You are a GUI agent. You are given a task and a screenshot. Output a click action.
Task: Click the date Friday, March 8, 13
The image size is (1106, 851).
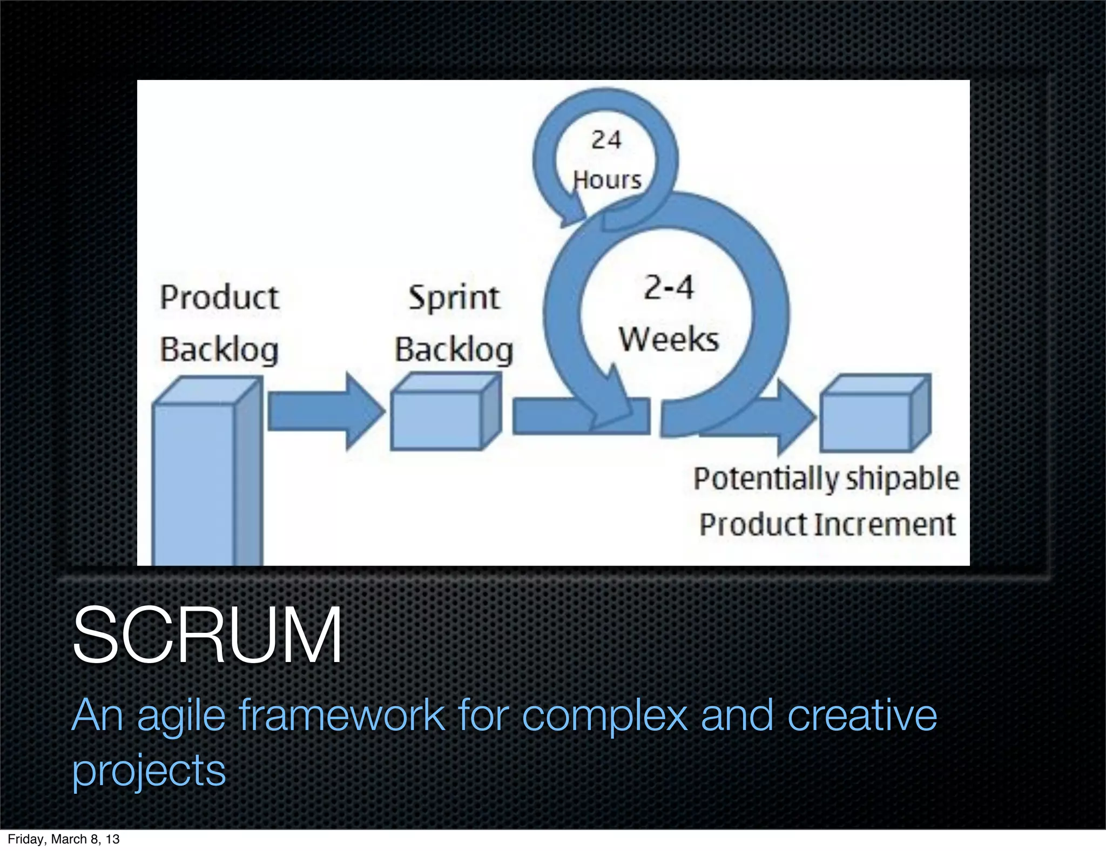[63, 839]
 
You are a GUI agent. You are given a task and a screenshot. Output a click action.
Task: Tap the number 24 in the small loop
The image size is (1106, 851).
[606, 140]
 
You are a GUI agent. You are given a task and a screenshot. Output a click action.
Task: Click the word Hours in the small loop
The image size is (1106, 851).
[607, 180]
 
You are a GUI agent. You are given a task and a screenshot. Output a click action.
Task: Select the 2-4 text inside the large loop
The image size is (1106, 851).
[669, 287]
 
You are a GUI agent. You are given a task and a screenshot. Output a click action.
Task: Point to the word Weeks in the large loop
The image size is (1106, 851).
[669, 339]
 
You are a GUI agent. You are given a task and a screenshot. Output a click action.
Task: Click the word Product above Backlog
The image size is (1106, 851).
[219, 297]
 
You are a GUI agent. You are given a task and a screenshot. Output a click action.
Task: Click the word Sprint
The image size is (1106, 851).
[454, 297]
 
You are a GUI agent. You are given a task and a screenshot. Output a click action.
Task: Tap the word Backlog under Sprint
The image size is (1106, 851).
[454, 350]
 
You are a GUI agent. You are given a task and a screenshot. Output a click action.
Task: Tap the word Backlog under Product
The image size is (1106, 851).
[219, 350]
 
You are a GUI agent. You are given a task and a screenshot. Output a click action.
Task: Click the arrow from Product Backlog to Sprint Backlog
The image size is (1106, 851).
[324, 411]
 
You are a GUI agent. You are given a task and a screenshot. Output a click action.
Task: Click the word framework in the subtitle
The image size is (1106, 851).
[342, 715]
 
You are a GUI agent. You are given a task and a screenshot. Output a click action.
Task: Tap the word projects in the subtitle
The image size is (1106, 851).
[149, 770]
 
